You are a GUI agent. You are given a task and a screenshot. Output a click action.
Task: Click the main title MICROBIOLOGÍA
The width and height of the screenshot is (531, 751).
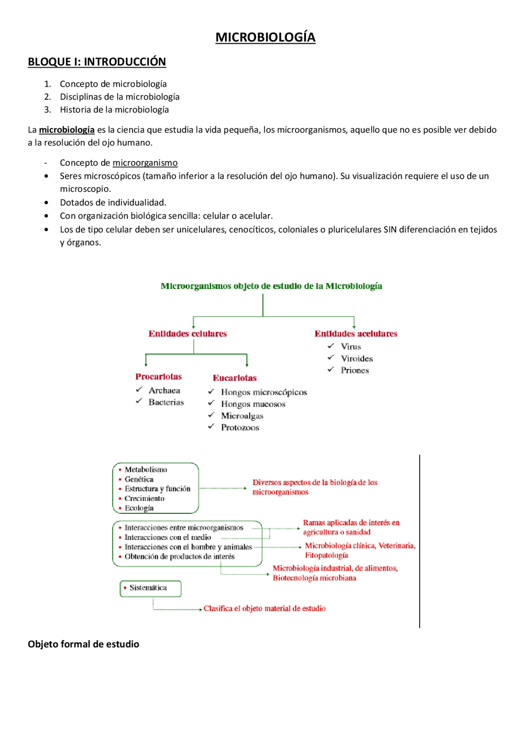[x=265, y=37]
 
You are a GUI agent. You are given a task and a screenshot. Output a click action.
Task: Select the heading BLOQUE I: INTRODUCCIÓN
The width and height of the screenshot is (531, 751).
[x=97, y=62]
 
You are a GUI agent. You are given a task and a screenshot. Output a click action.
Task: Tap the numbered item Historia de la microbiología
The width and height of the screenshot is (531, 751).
[x=114, y=110]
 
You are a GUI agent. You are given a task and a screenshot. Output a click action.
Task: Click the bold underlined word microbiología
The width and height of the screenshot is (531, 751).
[x=67, y=130]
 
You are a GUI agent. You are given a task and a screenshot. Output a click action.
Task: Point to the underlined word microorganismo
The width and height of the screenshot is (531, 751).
[x=145, y=163]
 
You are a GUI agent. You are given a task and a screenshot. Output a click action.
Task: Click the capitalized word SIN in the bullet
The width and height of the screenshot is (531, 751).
[x=390, y=229]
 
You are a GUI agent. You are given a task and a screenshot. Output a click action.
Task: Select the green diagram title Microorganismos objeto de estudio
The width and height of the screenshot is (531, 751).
[x=271, y=286]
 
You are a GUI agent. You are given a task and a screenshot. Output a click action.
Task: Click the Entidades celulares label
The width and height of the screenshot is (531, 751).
[x=188, y=334]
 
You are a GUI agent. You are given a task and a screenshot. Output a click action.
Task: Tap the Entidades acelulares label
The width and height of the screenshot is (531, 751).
[x=356, y=334]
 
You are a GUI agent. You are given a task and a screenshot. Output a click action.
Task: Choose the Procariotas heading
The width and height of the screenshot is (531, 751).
[x=158, y=377]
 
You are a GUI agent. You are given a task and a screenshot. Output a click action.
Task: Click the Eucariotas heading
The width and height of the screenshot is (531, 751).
[x=234, y=378]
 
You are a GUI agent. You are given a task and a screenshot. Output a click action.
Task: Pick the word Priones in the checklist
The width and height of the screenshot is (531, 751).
[x=355, y=370]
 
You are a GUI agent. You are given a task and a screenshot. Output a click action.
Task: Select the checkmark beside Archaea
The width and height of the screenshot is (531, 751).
[x=139, y=390]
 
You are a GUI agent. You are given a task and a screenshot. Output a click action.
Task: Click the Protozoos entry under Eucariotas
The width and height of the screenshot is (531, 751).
[x=240, y=428]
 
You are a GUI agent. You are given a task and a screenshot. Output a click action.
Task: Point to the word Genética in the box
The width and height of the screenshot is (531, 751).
[x=139, y=479]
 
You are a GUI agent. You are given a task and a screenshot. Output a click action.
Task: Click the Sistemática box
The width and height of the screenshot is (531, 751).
[x=150, y=588]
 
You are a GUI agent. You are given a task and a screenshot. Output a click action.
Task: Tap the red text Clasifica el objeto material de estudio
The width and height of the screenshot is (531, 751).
[x=264, y=608]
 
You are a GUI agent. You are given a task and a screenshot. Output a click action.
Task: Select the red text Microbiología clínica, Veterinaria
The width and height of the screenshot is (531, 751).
[x=360, y=546]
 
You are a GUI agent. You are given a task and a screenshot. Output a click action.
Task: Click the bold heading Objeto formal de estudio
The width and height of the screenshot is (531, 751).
[x=83, y=644]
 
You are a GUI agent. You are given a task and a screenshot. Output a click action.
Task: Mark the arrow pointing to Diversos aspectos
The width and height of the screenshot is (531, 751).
[x=244, y=489]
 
